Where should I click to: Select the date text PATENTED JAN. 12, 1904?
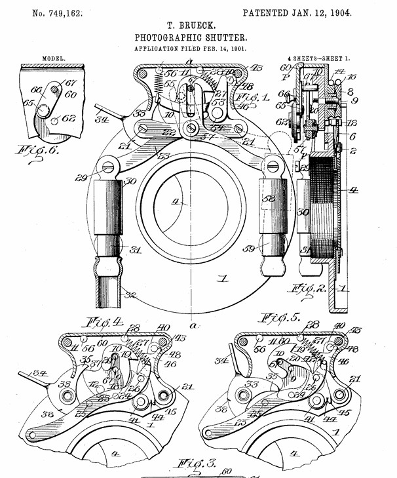pyautogui.click(x=297, y=12)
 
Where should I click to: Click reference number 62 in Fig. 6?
pyautogui.click(x=69, y=119)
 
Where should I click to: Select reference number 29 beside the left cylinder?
pyautogui.click(x=98, y=178)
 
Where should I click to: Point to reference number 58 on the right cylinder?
pyautogui.click(x=268, y=198)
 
